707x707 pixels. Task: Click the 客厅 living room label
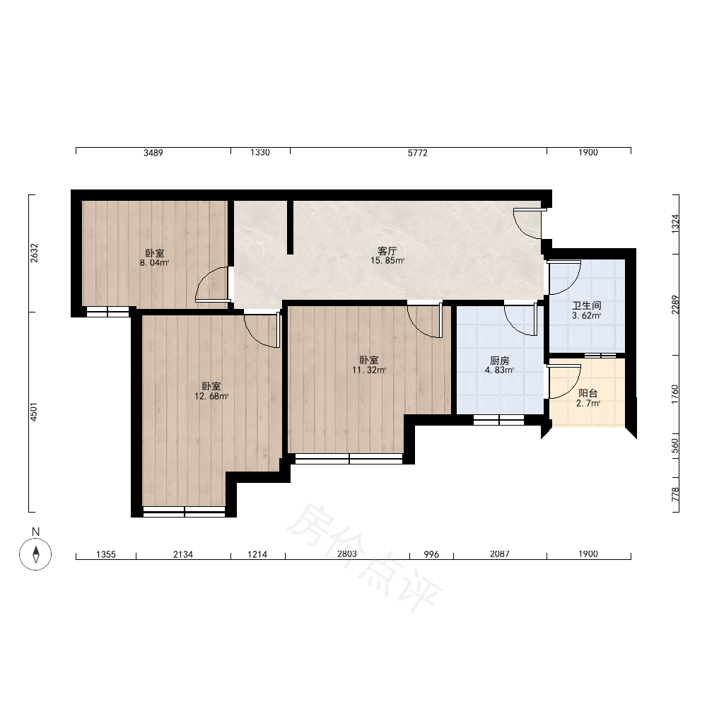coord(387,250)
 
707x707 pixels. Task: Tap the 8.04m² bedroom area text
coord(154,263)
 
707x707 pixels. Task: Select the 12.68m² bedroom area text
coord(211,397)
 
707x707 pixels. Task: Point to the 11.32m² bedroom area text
coord(369,370)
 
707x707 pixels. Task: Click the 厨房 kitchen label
coord(500,361)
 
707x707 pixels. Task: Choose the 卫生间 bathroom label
coord(587,305)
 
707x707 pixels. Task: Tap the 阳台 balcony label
coord(588,393)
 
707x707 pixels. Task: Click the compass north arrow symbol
coord(35,554)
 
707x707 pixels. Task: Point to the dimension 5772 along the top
coord(418,153)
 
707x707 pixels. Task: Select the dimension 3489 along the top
coord(153,153)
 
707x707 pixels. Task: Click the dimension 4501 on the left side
coord(34,411)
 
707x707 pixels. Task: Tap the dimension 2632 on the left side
coord(34,253)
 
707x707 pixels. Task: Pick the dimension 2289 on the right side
coord(674,305)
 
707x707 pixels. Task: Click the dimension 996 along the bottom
coord(431,554)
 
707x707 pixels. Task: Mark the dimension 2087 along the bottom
coord(500,554)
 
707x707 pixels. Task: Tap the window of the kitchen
coord(498,420)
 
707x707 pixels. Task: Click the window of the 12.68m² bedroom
coord(184,512)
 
